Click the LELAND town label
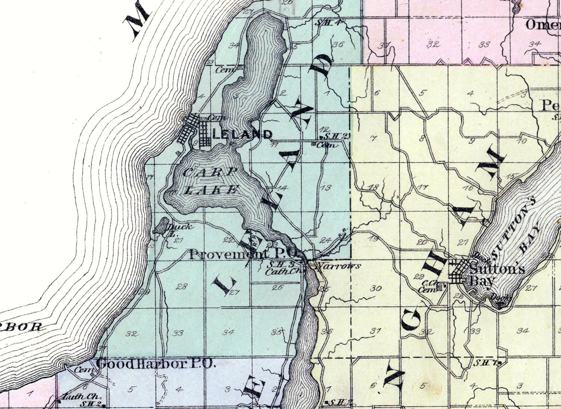pos(243,134)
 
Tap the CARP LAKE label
pos(211,181)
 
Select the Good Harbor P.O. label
pos(156,364)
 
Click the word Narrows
pos(338,266)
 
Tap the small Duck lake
pos(161,226)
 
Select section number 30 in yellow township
pos(376,288)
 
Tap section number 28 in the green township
pos(181,287)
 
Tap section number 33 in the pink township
pos(484,44)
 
